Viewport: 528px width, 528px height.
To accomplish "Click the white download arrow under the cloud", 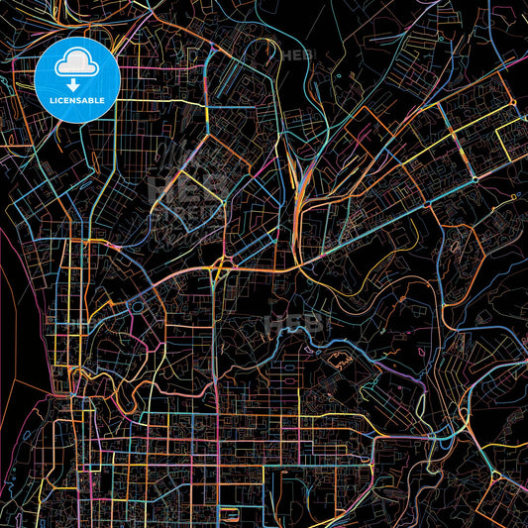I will tap(77, 85).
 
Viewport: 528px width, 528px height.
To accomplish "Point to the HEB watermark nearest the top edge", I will tap(296, 55).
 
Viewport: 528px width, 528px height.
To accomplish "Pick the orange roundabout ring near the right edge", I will tap(475, 179).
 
